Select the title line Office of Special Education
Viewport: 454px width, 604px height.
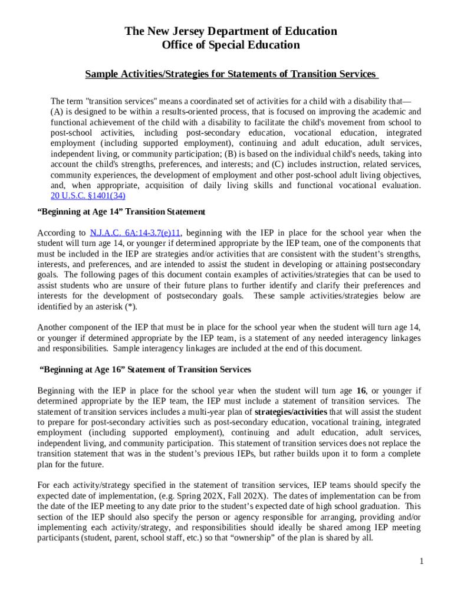click(x=231, y=45)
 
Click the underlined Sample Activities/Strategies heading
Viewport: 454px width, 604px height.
click(x=231, y=74)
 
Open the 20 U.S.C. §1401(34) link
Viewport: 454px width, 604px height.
click(x=88, y=196)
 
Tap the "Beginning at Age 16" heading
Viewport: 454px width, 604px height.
click(x=145, y=369)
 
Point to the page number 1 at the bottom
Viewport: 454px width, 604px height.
click(x=422, y=561)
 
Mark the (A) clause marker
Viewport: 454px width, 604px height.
click(x=57, y=111)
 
